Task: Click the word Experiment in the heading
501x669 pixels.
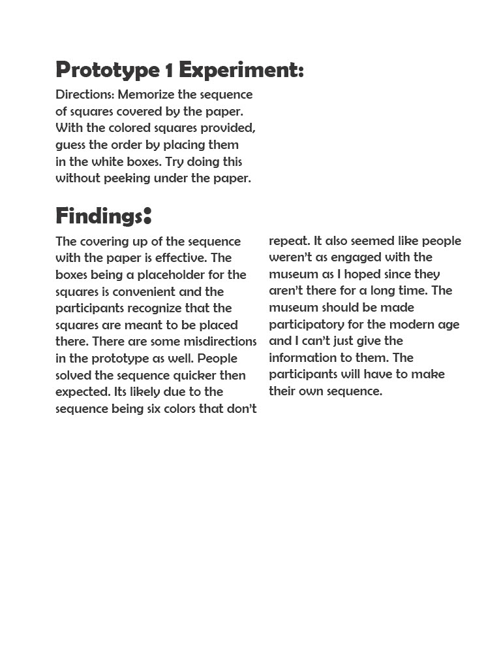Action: tap(241, 70)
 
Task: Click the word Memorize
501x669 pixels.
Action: tap(146, 95)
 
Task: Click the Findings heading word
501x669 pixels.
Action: tap(99, 216)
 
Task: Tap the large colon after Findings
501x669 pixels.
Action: tap(147, 214)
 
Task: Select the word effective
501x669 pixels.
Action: tap(182, 258)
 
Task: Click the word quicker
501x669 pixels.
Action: tap(196, 376)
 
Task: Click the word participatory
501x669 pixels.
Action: tap(309, 325)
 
